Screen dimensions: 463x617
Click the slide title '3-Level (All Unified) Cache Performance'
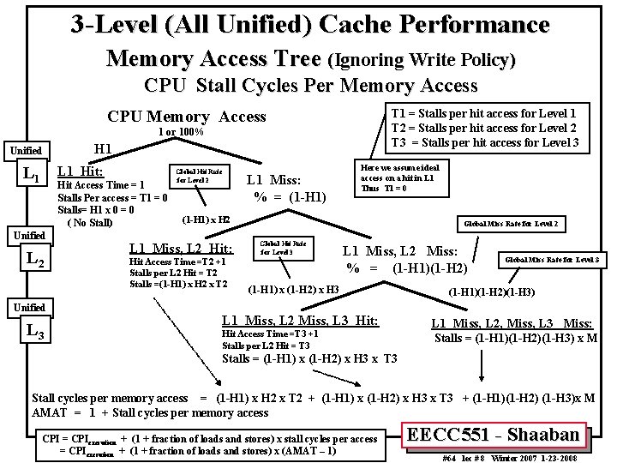(308, 23)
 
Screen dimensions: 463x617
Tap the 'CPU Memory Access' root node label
(187, 117)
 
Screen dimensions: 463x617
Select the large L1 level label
(32, 174)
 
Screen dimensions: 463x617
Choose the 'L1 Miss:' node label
(273, 179)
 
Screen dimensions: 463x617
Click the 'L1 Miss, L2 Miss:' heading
(400, 250)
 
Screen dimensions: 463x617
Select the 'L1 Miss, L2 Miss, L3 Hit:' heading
(300, 320)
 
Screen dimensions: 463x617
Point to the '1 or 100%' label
(180, 132)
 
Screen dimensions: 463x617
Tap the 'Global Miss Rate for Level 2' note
(511, 223)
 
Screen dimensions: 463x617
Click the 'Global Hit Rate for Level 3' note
(279, 246)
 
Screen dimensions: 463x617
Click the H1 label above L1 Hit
(103, 149)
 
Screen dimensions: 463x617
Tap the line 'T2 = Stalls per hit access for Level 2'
(484, 127)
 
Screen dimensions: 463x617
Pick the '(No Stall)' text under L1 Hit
(89, 224)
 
